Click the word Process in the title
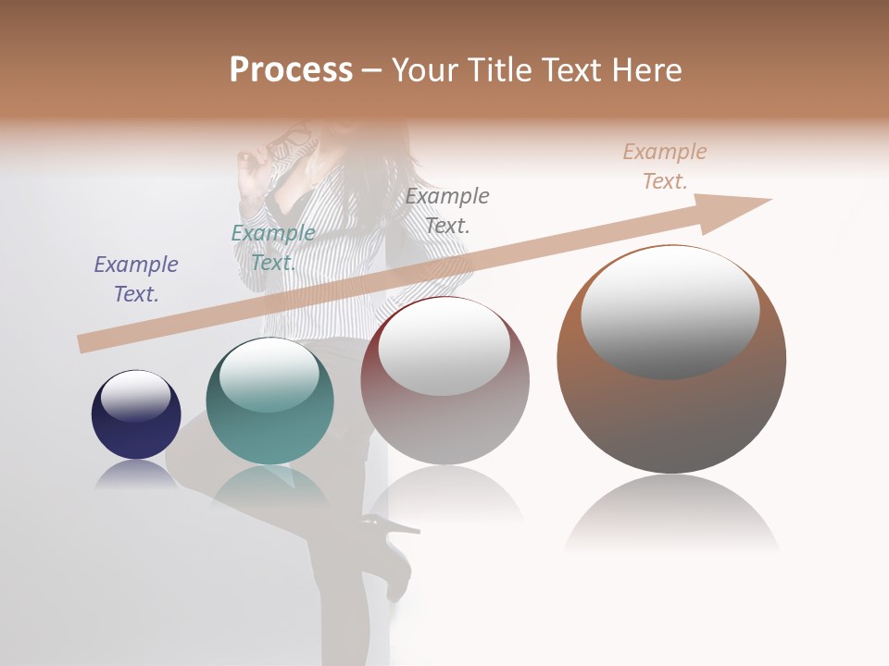coord(291,69)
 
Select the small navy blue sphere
coord(136,414)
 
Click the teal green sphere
coord(269,401)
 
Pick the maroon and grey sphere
coord(444,381)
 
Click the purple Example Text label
coord(136,278)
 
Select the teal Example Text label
coord(273,247)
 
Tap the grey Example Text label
coord(447,210)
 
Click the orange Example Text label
coord(665,166)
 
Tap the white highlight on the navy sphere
coord(136,396)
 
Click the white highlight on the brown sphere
coord(670,312)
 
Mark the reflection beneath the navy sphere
coord(136,475)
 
